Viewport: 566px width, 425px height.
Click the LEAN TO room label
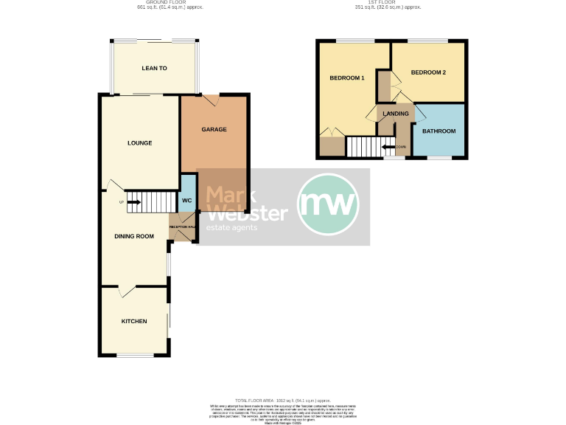coord(154,69)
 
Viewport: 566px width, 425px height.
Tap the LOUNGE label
coord(139,143)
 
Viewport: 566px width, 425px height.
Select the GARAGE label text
coord(214,130)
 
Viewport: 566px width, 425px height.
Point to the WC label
coord(187,200)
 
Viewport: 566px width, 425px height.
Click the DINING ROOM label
coord(134,236)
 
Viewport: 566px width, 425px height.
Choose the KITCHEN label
coord(134,322)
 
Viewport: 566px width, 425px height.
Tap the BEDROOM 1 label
coord(347,78)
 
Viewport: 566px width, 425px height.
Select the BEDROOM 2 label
coord(428,72)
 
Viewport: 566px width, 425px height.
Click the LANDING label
coord(395,114)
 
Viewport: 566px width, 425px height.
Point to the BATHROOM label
coord(439,131)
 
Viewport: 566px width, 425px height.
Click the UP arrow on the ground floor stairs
coord(132,201)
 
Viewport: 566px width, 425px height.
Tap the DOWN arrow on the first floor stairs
coord(389,147)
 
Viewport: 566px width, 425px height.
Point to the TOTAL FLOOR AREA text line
coord(282,399)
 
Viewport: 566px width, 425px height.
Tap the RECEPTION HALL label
coord(182,227)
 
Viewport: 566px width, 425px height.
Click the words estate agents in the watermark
coord(232,228)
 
